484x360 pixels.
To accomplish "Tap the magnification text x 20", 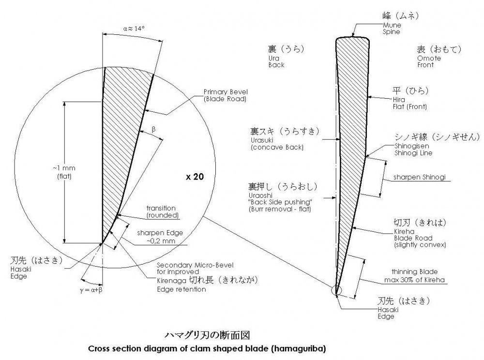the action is [x=194, y=177].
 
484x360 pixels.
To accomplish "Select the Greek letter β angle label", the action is [x=154, y=129].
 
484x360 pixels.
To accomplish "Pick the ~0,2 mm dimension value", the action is [x=162, y=240].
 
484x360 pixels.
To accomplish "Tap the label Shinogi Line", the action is [x=406, y=153].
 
